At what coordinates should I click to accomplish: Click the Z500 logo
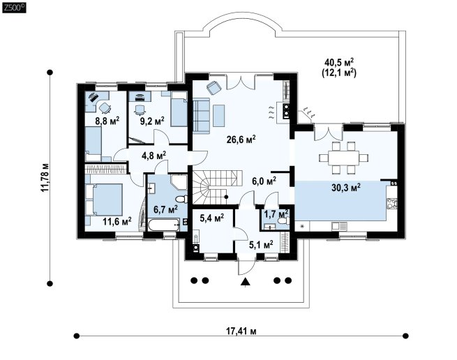pos(14,7)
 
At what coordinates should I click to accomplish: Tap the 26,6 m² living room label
pos(241,139)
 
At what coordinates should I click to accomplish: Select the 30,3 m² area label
pos(345,187)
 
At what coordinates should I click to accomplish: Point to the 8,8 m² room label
pos(107,121)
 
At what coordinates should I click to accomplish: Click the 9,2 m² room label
pos(152,121)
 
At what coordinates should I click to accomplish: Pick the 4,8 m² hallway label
pos(154,155)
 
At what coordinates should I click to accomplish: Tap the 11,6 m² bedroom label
pos(117,221)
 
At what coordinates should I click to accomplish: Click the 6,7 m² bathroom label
pos(165,209)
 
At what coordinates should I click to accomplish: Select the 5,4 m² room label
pos(212,218)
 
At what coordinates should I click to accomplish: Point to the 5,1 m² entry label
pos(261,244)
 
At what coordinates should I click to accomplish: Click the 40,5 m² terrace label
pos(339,62)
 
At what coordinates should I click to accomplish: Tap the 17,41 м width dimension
pos(241,331)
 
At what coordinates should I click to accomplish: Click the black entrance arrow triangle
pos(246,281)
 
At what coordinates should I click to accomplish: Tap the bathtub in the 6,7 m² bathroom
pos(164,225)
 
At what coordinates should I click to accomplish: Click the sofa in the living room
pos(201,116)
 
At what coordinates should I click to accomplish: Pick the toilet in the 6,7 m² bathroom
pos(181,200)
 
